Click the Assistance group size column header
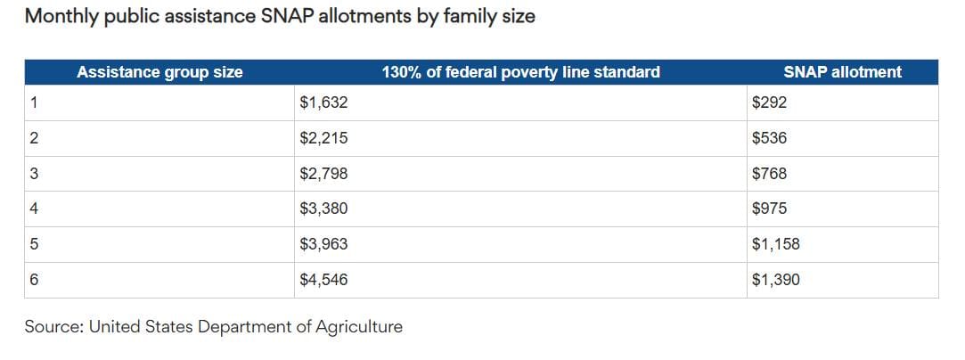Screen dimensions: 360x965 click(x=159, y=72)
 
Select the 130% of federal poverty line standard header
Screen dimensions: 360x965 click(x=520, y=72)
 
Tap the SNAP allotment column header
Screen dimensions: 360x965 click(x=842, y=72)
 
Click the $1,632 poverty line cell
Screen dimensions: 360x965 click(x=323, y=103)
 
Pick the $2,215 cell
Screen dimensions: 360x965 click(x=323, y=139)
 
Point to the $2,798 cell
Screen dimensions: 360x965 click(x=323, y=174)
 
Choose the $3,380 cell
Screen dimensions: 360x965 click(x=323, y=209)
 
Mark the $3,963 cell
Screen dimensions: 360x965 click(x=323, y=244)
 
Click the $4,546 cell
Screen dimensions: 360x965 click(x=323, y=280)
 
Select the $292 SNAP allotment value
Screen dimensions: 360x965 click(x=769, y=103)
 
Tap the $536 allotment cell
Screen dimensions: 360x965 click(x=769, y=139)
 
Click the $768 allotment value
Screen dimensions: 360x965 click(x=769, y=174)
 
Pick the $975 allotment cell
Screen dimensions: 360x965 click(x=769, y=209)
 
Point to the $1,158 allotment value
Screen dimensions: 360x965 click(x=775, y=244)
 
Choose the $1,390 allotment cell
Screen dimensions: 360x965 click(x=775, y=280)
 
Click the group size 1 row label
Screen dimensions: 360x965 click(x=34, y=103)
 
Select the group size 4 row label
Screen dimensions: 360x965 click(x=34, y=209)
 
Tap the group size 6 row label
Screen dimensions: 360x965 click(x=34, y=280)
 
